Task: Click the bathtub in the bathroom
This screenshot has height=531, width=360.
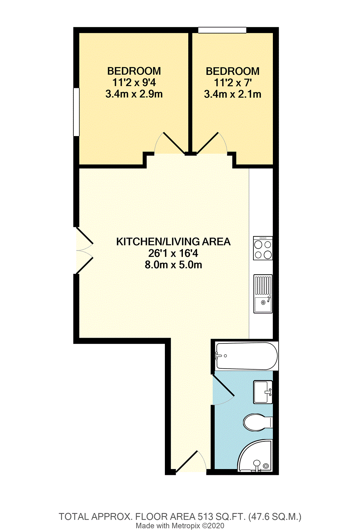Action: (246, 356)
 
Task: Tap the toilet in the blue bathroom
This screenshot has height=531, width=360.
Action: (257, 422)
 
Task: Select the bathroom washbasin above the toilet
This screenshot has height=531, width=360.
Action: (263, 392)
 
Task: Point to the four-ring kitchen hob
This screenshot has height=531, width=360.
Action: (263, 248)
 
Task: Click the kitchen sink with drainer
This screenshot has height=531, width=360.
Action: (263, 294)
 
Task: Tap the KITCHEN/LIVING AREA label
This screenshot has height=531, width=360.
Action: (173, 242)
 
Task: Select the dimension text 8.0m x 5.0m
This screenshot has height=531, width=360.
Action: (173, 265)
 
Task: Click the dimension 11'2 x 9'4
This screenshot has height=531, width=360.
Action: (134, 82)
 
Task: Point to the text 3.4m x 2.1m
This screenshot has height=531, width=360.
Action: (233, 94)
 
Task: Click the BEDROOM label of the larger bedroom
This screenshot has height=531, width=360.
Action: (134, 71)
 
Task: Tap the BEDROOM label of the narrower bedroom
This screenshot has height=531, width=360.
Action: (233, 71)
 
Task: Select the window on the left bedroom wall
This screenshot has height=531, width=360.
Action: (76, 112)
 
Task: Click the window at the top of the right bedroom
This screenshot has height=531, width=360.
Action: (222, 30)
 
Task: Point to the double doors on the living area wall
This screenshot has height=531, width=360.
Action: (84, 250)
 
